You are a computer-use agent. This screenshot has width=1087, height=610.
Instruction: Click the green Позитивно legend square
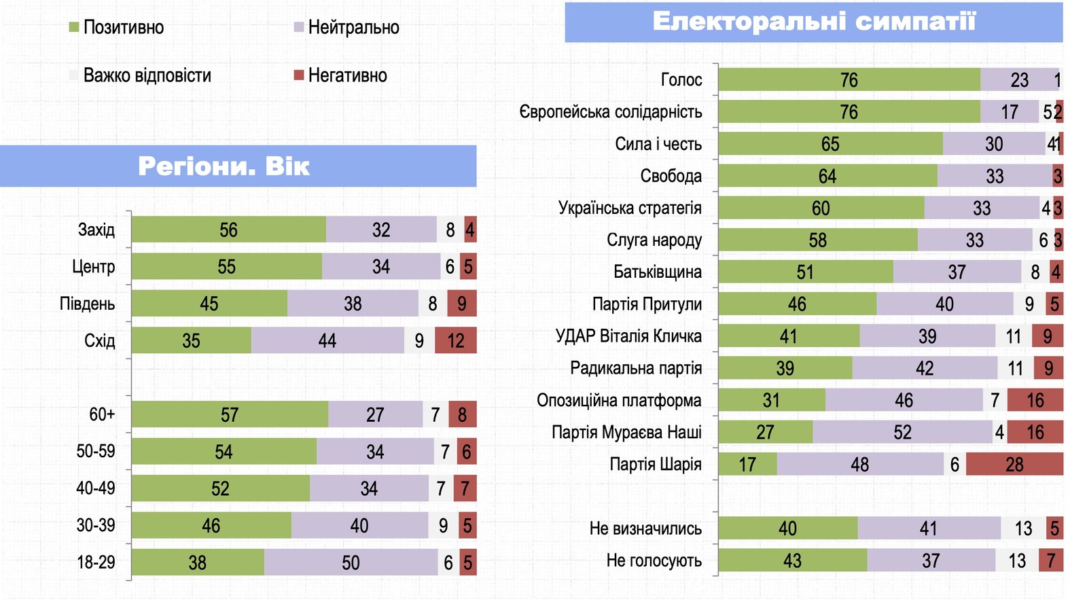pyautogui.click(x=74, y=27)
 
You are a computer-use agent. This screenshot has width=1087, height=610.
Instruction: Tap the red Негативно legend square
pyautogui.click(x=298, y=75)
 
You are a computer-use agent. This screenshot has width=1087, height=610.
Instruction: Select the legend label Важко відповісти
pyautogui.click(x=147, y=75)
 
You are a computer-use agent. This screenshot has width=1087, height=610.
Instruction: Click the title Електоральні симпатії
pyautogui.click(x=813, y=22)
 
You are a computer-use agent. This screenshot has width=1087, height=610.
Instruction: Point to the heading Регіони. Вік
pyautogui.click(x=224, y=166)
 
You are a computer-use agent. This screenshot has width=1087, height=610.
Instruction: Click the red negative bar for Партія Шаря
pyautogui.click(x=1014, y=465)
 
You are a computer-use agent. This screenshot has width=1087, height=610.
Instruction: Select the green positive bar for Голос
pyautogui.click(x=849, y=80)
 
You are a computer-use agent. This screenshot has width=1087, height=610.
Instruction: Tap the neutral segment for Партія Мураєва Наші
pyautogui.click(x=902, y=433)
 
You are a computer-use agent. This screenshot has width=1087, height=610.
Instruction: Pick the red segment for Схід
pyautogui.click(x=455, y=340)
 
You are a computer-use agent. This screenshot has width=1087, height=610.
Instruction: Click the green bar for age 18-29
pyautogui.click(x=197, y=562)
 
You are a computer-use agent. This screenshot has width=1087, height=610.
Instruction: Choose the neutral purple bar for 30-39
pyautogui.click(x=359, y=526)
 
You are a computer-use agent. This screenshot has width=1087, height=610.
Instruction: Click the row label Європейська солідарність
pyautogui.click(x=610, y=112)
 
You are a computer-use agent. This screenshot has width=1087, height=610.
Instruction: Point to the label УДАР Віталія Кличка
pyautogui.click(x=628, y=336)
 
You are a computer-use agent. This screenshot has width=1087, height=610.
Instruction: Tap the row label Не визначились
pyautogui.click(x=645, y=528)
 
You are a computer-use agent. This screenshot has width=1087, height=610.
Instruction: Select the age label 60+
pyautogui.click(x=102, y=414)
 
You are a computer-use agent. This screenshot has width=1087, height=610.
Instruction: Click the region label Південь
pyautogui.click(x=87, y=304)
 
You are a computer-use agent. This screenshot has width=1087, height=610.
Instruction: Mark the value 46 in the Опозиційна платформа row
pyautogui.click(x=904, y=401)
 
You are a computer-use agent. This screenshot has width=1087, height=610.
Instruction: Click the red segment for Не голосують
pyautogui.click(x=1051, y=560)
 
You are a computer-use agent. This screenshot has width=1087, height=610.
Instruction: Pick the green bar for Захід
pyautogui.click(x=228, y=230)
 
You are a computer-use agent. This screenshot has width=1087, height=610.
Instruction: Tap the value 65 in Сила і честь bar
pyautogui.click(x=830, y=144)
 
